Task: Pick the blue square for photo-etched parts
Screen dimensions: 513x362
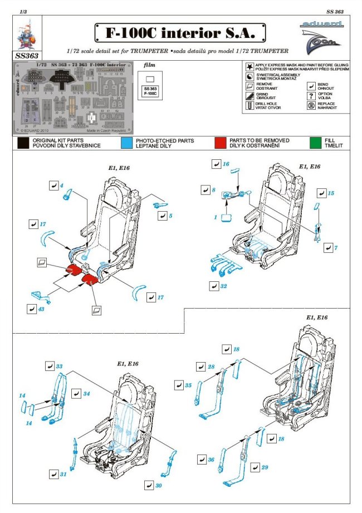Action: pyautogui.click(x=126, y=143)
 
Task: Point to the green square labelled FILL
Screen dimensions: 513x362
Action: pyautogui.click(x=315, y=143)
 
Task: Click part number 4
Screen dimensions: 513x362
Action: pyautogui.click(x=62, y=185)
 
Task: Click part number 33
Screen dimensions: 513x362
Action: pyautogui.click(x=59, y=367)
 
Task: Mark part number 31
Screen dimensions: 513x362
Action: pyautogui.click(x=63, y=474)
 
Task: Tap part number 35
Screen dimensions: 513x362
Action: pyautogui.click(x=188, y=385)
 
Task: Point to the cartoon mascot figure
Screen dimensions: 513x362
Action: pyautogui.click(x=25, y=36)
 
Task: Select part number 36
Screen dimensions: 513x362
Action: pyautogui.click(x=211, y=460)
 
